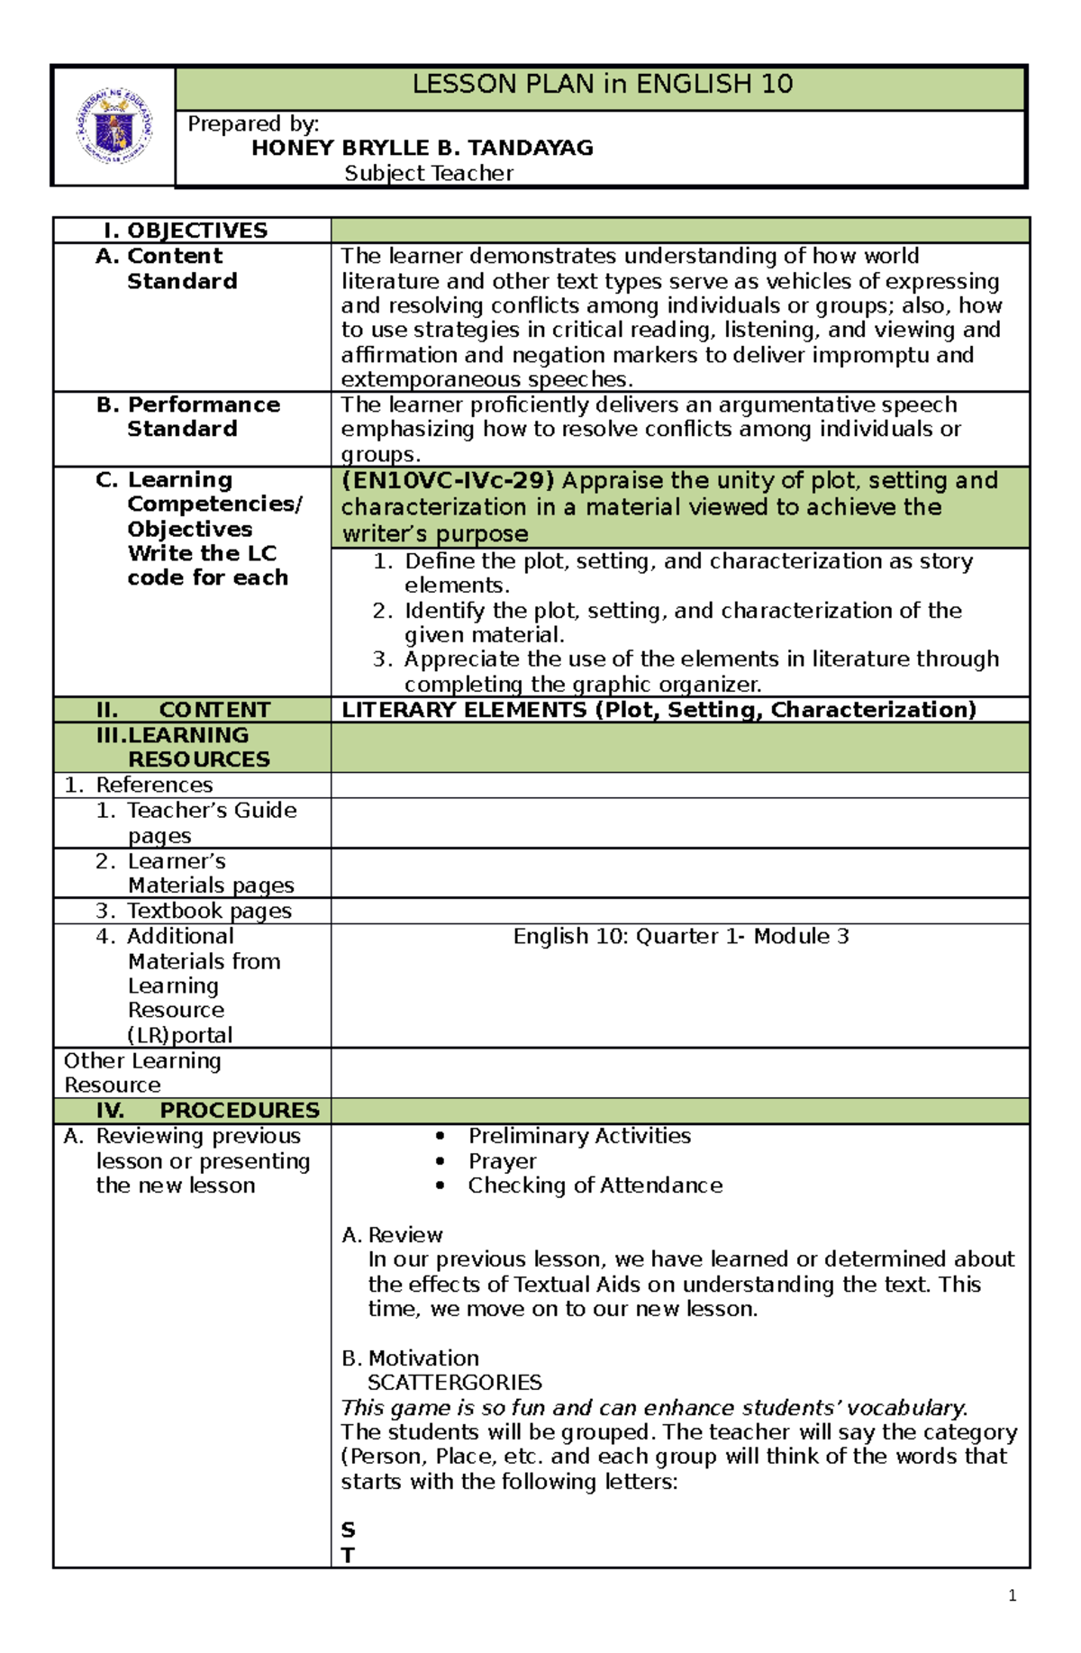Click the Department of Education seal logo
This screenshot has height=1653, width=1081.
[114, 127]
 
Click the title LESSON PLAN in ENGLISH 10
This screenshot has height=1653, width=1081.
[602, 85]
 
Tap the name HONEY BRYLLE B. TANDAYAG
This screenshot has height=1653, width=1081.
[422, 148]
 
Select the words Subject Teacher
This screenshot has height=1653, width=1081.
[429, 173]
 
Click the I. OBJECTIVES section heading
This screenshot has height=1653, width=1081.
[186, 231]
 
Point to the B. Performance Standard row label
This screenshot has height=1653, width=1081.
[187, 417]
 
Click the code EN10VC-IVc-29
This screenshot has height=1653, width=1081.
[448, 481]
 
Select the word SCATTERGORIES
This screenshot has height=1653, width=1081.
[454, 1382]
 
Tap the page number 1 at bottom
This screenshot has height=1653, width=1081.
[1013, 1596]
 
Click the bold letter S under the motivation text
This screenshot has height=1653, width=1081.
[348, 1530]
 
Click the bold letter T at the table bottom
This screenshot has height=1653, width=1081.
[348, 1555]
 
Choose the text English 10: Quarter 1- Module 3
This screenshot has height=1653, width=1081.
[680, 937]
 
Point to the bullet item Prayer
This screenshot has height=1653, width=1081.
[502, 1161]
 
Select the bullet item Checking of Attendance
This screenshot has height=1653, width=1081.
[595, 1185]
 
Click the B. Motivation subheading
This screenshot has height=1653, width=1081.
[410, 1358]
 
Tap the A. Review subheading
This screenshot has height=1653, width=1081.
[392, 1234]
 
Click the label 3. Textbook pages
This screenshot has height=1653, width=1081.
[194, 911]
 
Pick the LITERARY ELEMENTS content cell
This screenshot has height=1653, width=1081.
[659, 710]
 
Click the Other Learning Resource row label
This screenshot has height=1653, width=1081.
[141, 1072]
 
